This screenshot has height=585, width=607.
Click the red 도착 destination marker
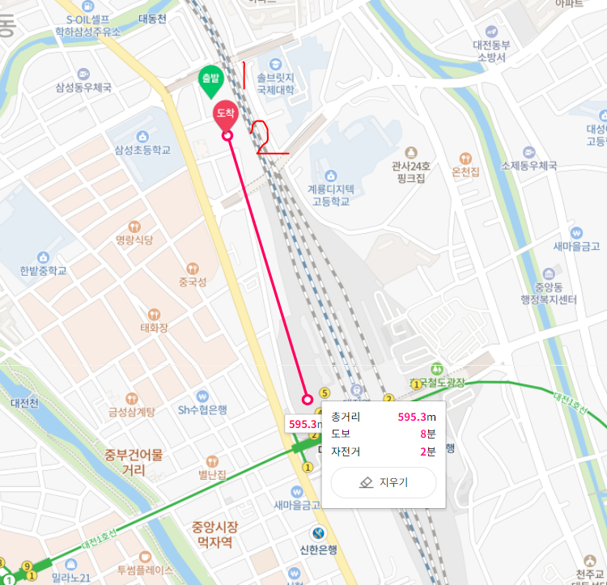point(225,114)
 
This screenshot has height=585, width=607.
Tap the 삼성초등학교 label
point(142,150)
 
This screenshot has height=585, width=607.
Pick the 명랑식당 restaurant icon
point(134,226)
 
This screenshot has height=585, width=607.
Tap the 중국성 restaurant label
point(193,282)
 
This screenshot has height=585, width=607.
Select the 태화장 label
point(154,328)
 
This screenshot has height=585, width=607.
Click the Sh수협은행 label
point(203,410)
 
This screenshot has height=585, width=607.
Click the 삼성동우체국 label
point(83,87)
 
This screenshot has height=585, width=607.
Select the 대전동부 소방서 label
point(491,51)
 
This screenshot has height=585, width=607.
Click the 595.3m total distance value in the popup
point(417,417)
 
